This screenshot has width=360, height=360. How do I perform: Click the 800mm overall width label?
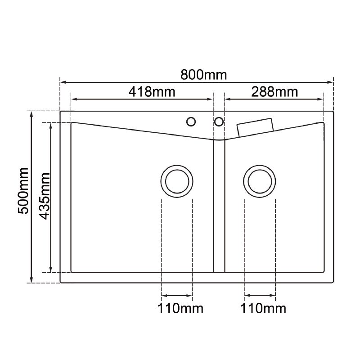click(204, 75)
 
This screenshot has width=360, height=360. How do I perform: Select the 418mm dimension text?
click(152, 92)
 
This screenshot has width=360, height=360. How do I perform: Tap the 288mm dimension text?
click(274, 92)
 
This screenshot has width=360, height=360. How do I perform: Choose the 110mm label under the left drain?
click(180, 309)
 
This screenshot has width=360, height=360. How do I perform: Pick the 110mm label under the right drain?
click(263, 309)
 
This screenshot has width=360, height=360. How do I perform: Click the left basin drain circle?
click(177, 181)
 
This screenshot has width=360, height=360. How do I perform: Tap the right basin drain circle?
click(260, 181)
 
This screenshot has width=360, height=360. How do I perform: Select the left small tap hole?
click(191, 121)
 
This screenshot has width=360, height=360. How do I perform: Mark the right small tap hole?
click(219, 121)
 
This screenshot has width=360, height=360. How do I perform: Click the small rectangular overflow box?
click(255, 126)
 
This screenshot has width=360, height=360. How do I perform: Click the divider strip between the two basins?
click(219, 207)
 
